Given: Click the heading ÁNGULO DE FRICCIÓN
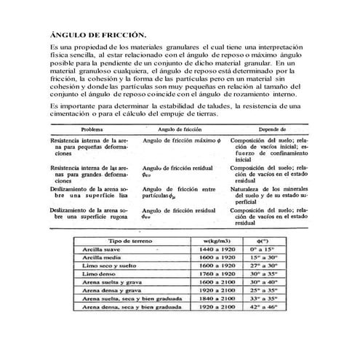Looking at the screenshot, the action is pyautogui.click(x=97, y=34).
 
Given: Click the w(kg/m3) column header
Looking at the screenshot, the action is pyautogui.click(x=218, y=240).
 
